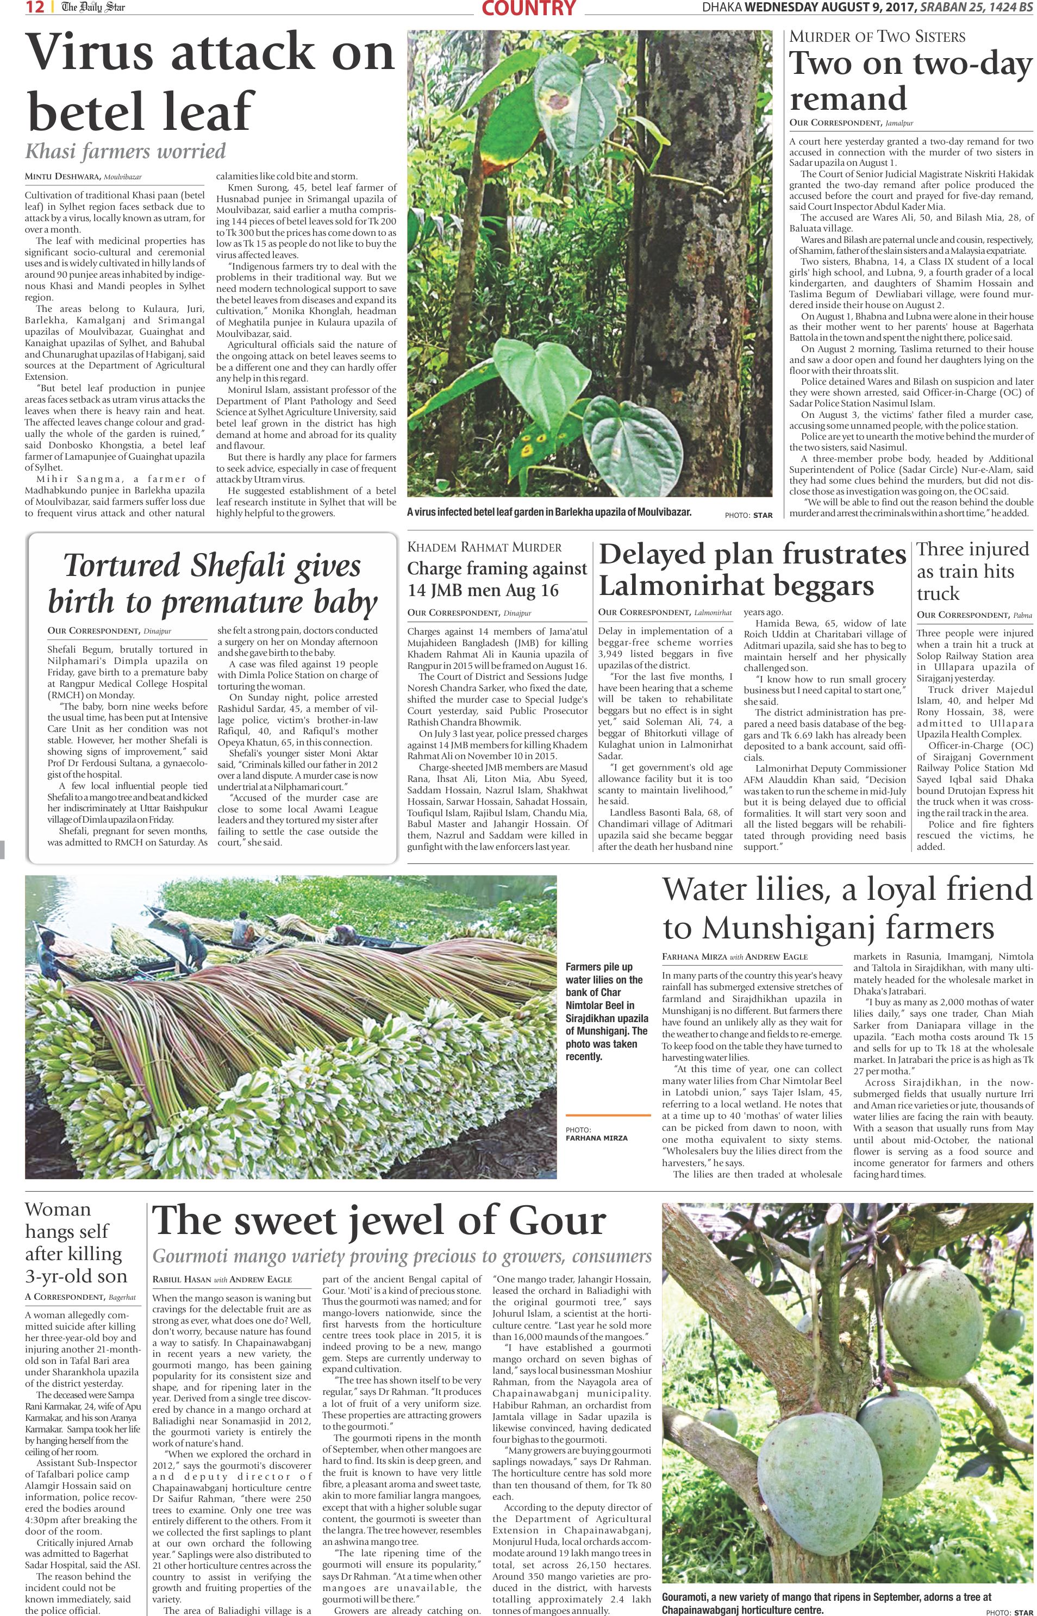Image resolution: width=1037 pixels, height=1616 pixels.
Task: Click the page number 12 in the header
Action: (35, 8)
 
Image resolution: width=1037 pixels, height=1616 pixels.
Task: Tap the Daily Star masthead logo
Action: (93, 8)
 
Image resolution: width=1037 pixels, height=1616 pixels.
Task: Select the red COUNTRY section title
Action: (529, 8)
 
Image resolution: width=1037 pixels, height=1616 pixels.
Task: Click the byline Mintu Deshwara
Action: (63, 177)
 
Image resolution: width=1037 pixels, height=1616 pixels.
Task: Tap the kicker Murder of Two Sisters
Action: (877, 37)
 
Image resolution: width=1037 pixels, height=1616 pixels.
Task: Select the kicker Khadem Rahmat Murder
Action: (484, 547)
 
